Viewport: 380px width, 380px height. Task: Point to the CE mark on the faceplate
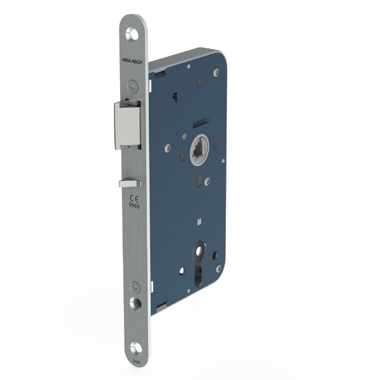(x=134, y=199)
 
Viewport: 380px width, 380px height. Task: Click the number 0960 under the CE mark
(x=134, y=207)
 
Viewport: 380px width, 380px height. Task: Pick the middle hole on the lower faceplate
(x=135, y=301)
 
